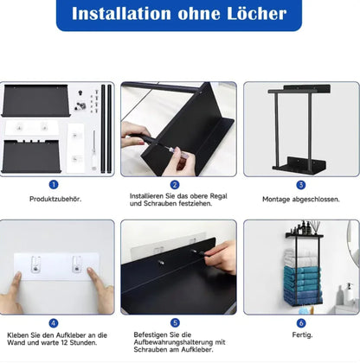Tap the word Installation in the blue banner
pos(121,14)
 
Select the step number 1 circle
pos(54,185)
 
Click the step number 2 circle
pos(175,185)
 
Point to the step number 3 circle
pos(301,185)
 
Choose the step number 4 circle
pos(54,323)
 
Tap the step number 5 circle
pos(175,323)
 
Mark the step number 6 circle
pos(301,323)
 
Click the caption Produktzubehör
pos(55,199)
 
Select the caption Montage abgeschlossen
pos(301,199)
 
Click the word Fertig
pos(302,335)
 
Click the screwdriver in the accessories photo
pos(93,150)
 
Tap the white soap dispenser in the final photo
pos(350,292)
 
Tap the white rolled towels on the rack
pos(301,258)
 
